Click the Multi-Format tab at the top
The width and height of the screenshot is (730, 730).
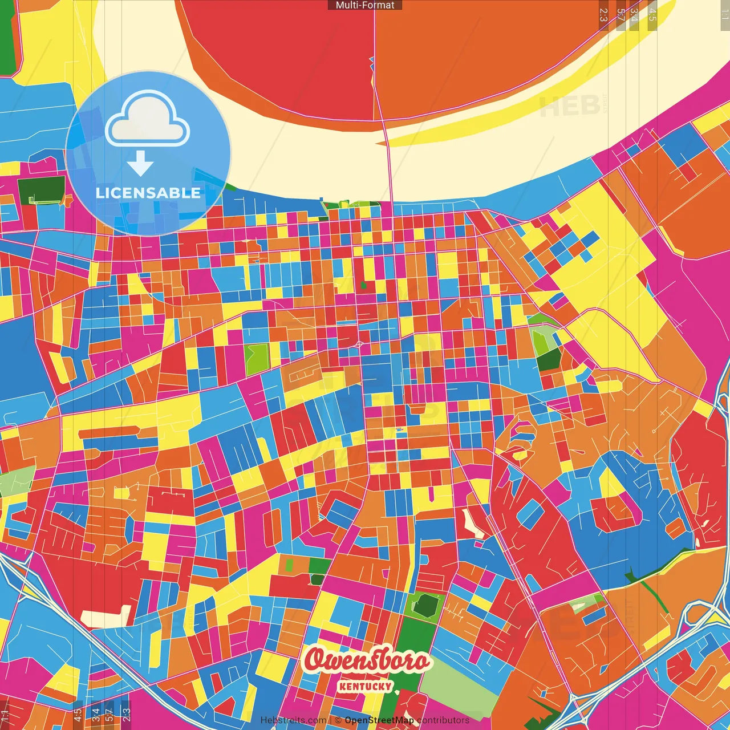tap(365, 5)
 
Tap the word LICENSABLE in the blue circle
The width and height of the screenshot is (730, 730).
tap(148, 193)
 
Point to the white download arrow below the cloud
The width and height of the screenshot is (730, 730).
tap(140, 164)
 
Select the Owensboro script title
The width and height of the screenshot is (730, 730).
tap(366, 660)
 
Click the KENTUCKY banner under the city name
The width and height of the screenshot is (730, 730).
tap(365, 686)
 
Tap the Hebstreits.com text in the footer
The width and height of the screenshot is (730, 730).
tap(293, 720)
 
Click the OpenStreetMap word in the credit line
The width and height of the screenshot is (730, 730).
tap(379, 720)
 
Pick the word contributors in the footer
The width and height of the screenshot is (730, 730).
tap(443, 720)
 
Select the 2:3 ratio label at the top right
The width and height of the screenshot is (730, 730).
tap(603, 15)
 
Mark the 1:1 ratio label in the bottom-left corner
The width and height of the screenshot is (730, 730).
tap(5, 715)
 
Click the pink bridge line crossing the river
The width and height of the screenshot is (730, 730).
tap(388, 160)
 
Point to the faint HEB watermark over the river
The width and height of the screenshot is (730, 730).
tap(569, 106)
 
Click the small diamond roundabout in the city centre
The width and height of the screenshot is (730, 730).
tap(359, 344)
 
